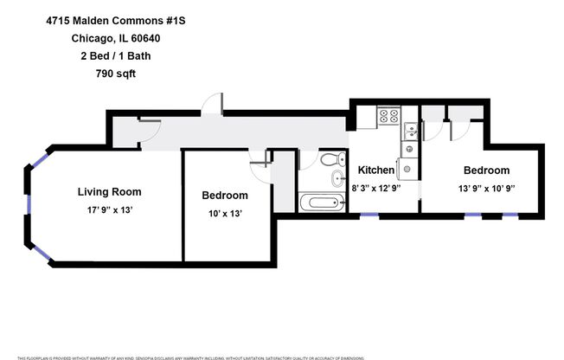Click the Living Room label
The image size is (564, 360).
109,191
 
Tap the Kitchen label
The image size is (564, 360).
376,170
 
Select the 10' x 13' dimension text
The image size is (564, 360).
224,213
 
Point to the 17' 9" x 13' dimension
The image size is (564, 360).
109,209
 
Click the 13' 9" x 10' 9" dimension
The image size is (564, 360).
486,188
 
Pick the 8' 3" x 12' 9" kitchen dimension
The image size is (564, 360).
376,188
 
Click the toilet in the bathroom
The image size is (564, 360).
329,160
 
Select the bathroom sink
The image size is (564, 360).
336,180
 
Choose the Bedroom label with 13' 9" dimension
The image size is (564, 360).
486,170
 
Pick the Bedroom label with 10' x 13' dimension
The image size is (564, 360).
224,196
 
